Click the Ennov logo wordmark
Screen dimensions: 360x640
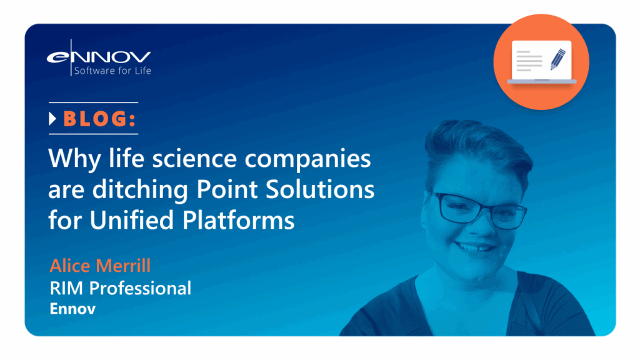pos(99,56)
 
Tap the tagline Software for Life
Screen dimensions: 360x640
pos(112,71)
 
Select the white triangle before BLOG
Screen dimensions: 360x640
pos(53,119)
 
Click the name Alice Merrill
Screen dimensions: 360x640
pos(100,266)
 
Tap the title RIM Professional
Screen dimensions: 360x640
pos(120,288)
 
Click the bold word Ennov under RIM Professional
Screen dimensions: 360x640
pos(72,309)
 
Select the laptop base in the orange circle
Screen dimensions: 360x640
pos(541,81)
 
